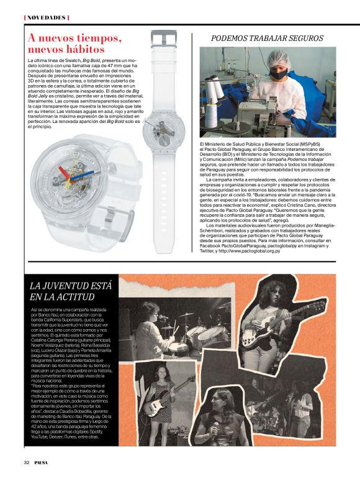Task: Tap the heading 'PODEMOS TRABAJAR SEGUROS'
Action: click(266, 38)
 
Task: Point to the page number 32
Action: click(26, 463)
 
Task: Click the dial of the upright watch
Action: click(166, 97)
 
